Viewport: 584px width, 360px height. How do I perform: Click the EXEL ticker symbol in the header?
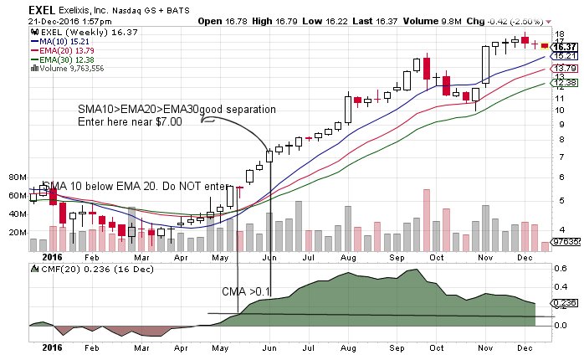(16, 6)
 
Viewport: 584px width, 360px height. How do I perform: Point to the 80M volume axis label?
(18, 177)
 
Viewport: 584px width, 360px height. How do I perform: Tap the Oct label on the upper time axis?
(436, 259)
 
